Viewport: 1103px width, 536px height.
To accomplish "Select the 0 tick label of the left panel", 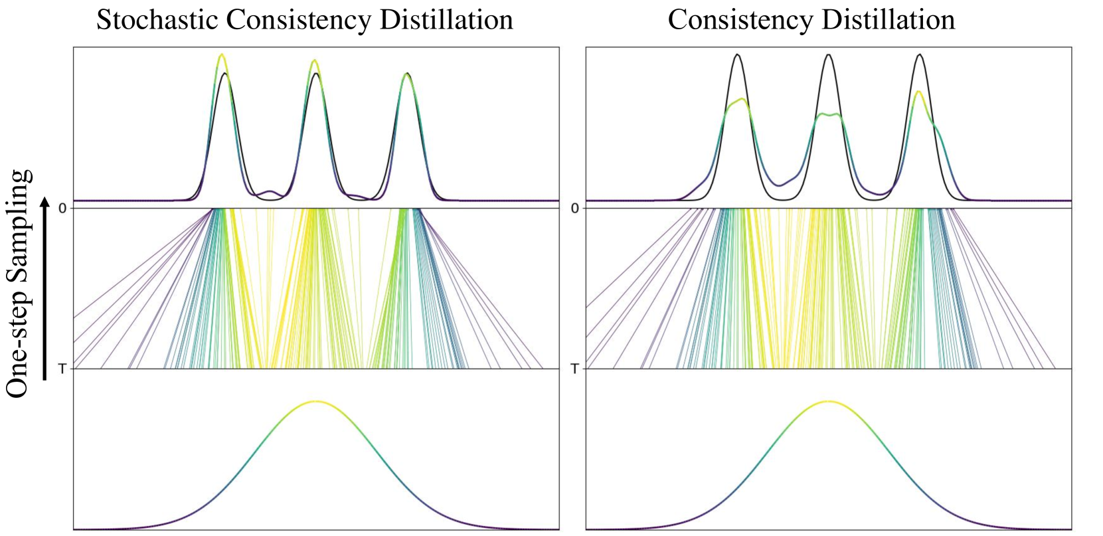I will pos(62,209).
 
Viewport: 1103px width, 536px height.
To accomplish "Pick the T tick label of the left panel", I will pos(62,369).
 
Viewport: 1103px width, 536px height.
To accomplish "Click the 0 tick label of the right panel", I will pos(575,209).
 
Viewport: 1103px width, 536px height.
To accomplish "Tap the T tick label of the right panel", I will pos(575,369).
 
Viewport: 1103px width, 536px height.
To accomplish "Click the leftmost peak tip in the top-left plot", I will pos(221,55).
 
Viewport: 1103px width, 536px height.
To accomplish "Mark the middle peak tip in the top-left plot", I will pos(315,61).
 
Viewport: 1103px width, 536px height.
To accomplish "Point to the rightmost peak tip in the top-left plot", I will pos(407,74).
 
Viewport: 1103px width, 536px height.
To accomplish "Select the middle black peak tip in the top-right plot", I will pos(828,54).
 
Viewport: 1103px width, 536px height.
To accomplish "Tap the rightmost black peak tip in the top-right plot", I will pos(920,54).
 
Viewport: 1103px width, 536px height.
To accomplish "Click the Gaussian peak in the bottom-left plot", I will pos(316,401).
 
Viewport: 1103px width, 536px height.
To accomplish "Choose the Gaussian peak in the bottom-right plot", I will pos(828,401).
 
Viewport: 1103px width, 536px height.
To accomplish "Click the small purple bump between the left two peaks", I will pos(269,192).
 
